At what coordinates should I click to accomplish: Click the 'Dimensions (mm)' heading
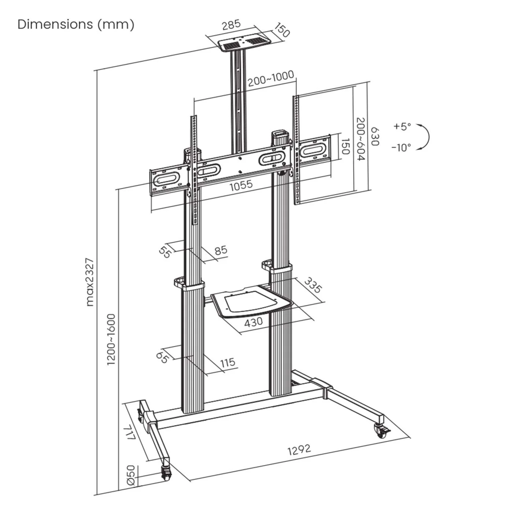point(76,25)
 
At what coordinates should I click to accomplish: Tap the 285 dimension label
point(232,25)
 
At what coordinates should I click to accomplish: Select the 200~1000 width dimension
point(271,78)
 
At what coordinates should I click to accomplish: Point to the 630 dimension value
point(374,136)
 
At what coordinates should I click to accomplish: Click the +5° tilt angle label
point(402,127)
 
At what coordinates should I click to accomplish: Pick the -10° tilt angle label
point(401,148)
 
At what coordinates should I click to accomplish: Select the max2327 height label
point(90,282)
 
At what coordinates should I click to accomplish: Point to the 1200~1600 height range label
point(111,339)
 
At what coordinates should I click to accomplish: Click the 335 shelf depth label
point(313,285)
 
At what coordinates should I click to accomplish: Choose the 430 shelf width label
point(254,322)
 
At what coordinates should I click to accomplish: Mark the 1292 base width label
point(299,449)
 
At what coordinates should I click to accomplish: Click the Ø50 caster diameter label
point(131,475)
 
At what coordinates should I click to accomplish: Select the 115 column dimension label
point(228,363)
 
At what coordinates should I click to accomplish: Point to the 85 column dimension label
point(221,251)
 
